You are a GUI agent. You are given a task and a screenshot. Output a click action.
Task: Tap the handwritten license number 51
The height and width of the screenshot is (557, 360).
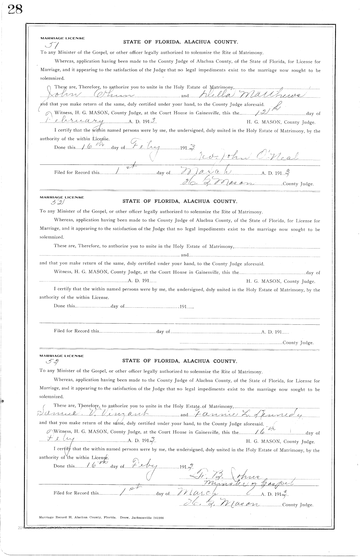click(x=51, y=45)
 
